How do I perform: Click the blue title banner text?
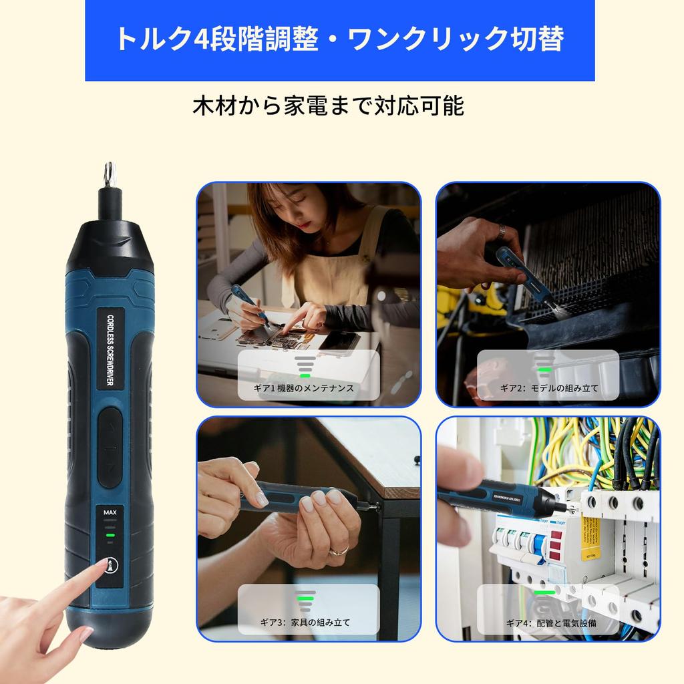[339, 39]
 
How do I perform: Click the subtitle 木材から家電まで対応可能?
[328, 106]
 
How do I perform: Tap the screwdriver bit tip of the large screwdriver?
[107, 175]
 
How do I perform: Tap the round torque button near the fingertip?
[109, 565]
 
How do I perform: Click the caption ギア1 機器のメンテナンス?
[308, 388]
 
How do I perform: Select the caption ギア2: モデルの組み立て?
[549, 388]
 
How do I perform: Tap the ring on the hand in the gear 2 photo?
[500, 231]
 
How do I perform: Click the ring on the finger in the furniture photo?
[339, 550]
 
